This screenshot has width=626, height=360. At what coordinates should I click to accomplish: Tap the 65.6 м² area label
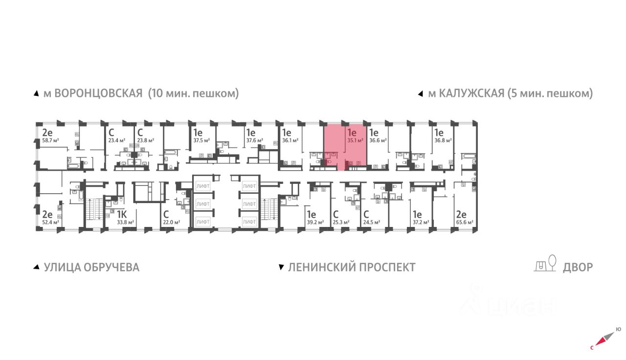[464, 223]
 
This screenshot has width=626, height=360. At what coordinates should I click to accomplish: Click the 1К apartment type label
[122, 214]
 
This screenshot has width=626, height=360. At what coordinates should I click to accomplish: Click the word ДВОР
[578, 267]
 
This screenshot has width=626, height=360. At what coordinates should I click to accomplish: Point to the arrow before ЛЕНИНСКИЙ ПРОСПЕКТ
[281, 268]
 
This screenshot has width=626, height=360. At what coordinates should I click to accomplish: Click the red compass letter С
[592, 348]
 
